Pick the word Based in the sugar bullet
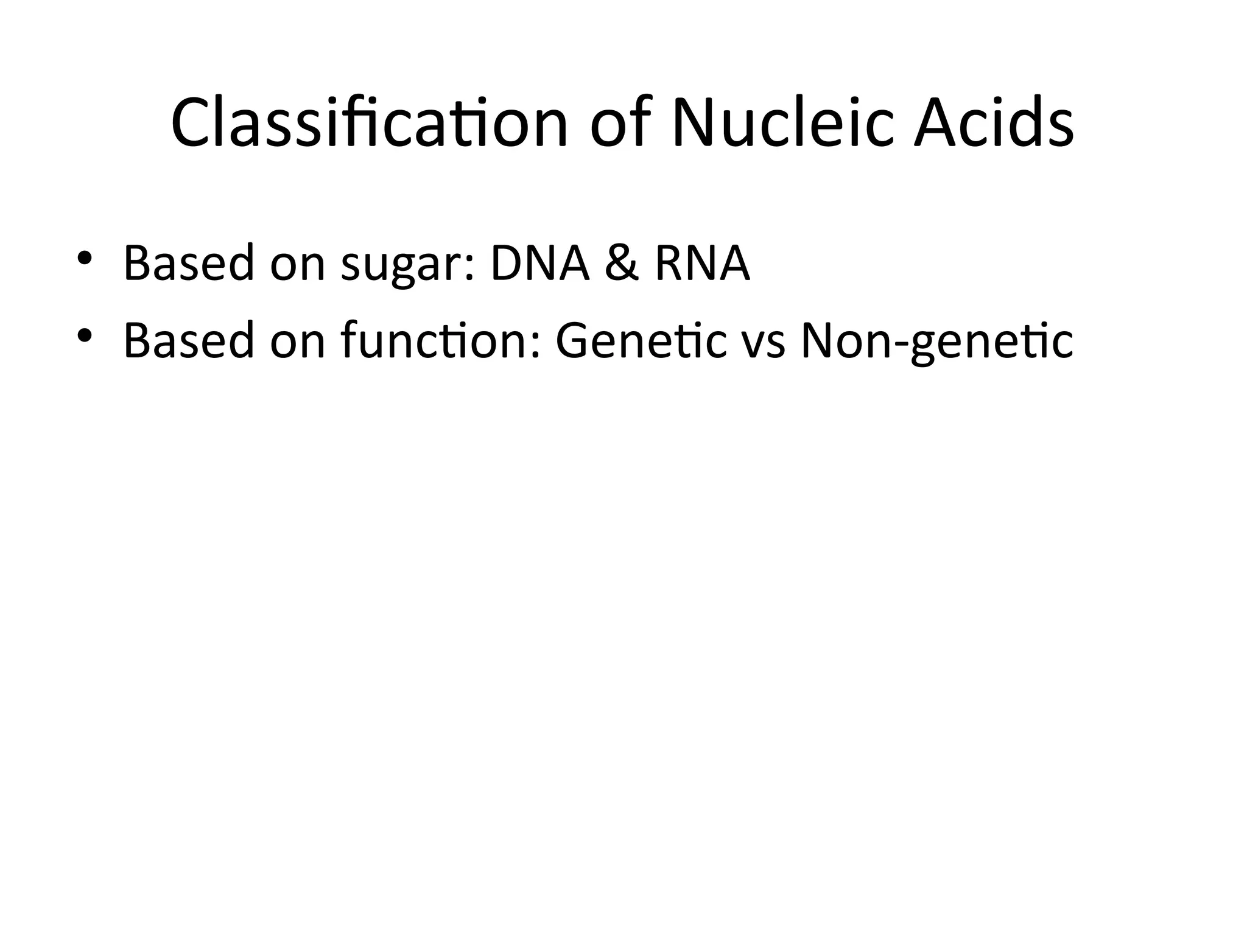pyautogui.click(x=188, y=263)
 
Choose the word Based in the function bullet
pyautogui.click(x=188, y=341)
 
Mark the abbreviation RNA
pyautogui.click(x=702, y=263)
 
